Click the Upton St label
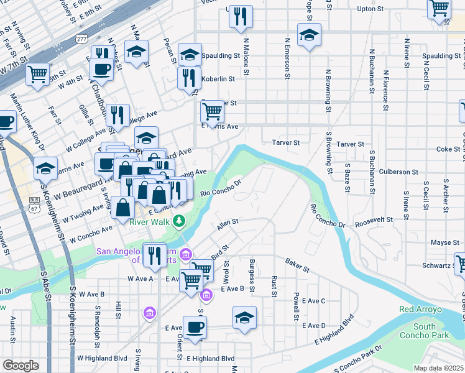(x=373, y=9)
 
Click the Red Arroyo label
(x=420, y=309)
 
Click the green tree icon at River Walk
(x=180, y=221)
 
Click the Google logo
(x=21, y=365)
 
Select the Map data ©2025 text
(x=438, y=368)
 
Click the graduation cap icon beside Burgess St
(x=245, y=317)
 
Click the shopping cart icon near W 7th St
(x=38, y=75)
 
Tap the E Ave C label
(x=313, y=301)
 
